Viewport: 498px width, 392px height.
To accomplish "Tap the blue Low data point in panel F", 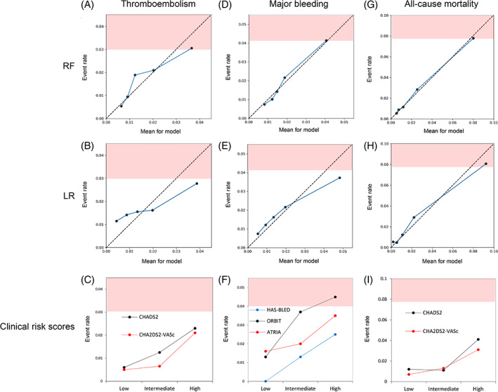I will [x=266, y=381].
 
